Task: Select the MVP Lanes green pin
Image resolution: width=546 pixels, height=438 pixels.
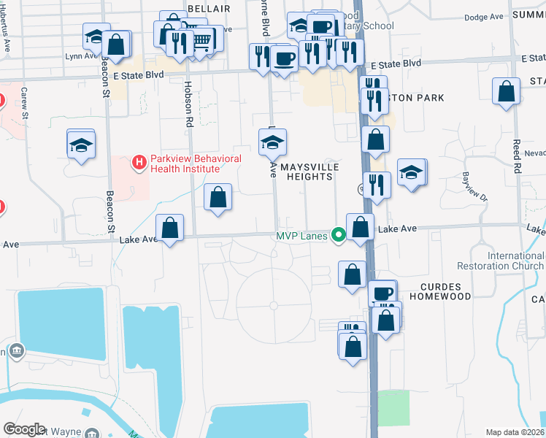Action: (x=338, y=235)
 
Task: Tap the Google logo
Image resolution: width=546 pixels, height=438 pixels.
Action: (x=24, y=429)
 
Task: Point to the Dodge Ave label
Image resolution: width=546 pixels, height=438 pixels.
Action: (x=485, y=17)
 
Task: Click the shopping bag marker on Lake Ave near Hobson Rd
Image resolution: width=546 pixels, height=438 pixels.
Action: (x=170, y=228)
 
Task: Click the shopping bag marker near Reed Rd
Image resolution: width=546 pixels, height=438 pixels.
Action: (x=506, y=92)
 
